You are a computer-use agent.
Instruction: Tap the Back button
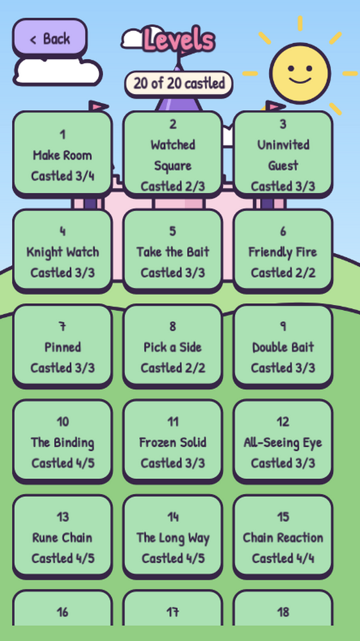[50, 38]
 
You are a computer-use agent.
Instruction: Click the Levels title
[179, 40]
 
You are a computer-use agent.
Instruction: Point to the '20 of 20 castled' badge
[179, 83]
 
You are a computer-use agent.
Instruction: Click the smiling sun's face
[300, 74]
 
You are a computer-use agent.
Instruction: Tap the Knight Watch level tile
[63, 251]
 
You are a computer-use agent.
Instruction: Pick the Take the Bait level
[173, 251]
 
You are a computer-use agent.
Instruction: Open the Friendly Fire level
[283, 251]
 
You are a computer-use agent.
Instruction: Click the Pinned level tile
[63, 347]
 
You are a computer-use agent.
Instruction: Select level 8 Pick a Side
[173, 347]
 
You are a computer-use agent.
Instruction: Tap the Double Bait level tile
[283, 347]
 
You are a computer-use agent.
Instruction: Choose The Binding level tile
[63, 442]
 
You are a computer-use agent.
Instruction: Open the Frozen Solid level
[173, 442]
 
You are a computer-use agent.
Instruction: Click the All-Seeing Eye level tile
[283, 442]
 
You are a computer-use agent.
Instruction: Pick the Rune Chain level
[63, 537]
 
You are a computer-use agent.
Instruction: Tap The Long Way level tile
[173, 537]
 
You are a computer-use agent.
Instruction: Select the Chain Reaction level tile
[283, 537]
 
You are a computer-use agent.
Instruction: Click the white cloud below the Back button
[57, 72]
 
